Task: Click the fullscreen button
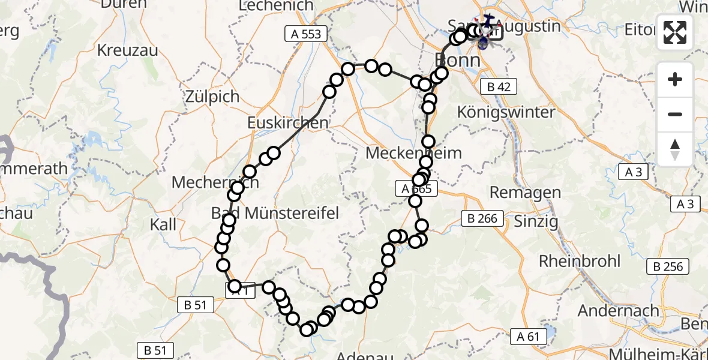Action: click(x=675, y=32)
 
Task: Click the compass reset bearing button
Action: click(x=675, y=149)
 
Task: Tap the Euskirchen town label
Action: click(x=288, y=123)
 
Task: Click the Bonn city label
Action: click(x=457, y=60)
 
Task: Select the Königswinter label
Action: click(x=506, y=112)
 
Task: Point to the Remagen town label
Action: click(x=525, y=193)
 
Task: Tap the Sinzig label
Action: click(x=536, y=221)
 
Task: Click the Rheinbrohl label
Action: click(x=578, y=261)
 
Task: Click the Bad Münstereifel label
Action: click(x=275, y=212)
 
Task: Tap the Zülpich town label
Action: click(x=212, y=96)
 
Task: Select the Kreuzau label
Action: click(x=128, y=50)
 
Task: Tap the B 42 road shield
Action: click(x=498, y=87)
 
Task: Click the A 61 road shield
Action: click(x=527, y=337)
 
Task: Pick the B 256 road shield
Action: click(x=669, y=266)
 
